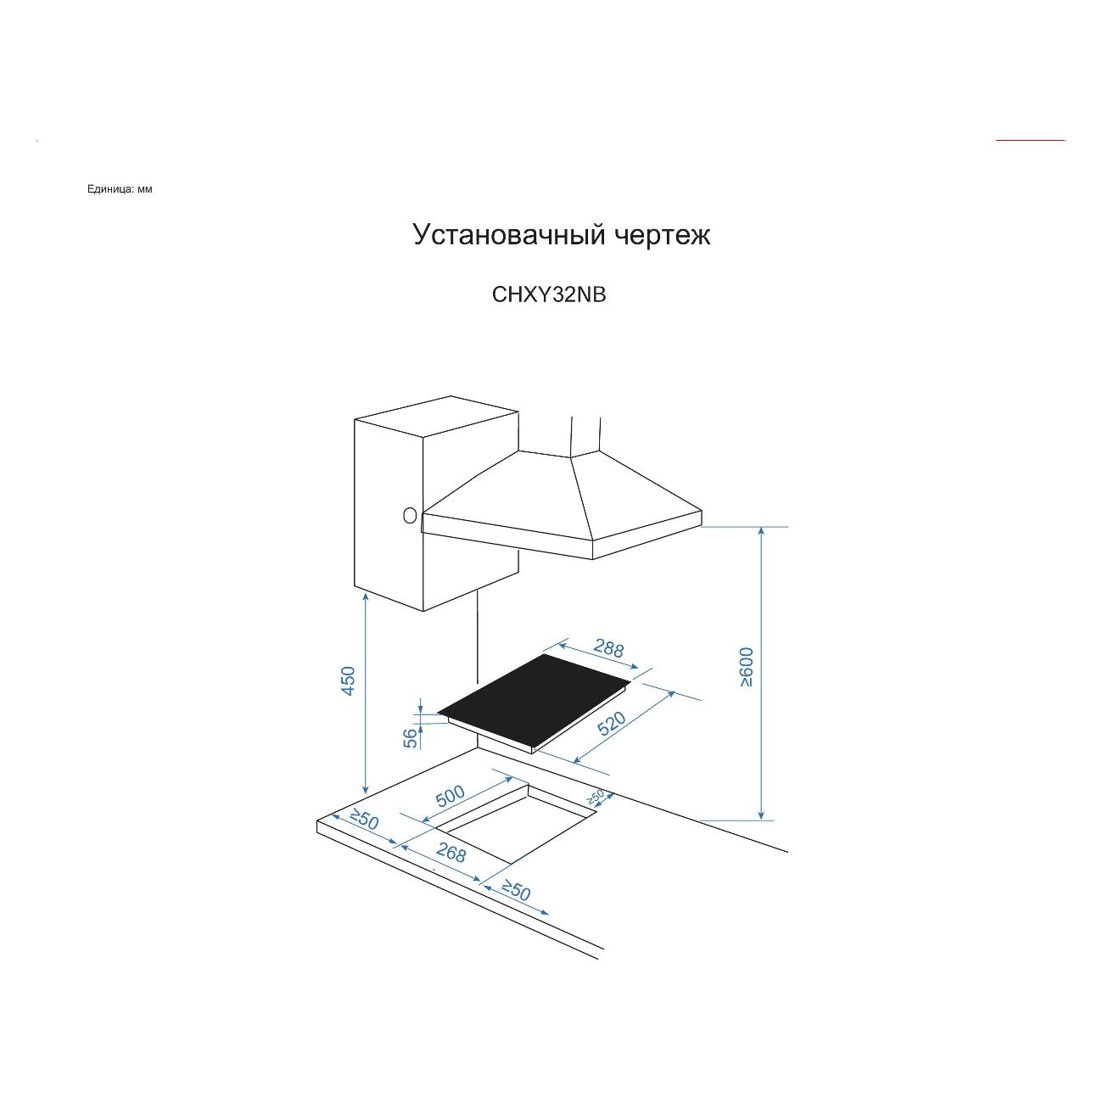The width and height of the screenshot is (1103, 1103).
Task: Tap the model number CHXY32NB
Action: tap(548, 294)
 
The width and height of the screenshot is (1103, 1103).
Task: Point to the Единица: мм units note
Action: tap(120, 189)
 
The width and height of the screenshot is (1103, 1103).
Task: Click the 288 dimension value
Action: tap(607, 648)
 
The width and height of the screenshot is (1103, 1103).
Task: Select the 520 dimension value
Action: tap(611, 723)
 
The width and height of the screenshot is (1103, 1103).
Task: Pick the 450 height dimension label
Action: tap(348, 680)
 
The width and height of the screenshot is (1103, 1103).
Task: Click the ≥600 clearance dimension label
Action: tap(747, 668)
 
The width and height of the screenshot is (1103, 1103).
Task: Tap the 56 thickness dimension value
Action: tap(411, 738)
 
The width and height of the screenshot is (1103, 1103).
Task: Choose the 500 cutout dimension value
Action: tap(451, 796)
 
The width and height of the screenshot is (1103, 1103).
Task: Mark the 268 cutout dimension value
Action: tap(451, 853)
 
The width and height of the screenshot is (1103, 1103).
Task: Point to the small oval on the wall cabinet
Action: tap(409, 516)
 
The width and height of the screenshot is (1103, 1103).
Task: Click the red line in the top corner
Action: tap(1030, 140)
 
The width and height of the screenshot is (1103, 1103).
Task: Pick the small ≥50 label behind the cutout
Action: tap(596, 796)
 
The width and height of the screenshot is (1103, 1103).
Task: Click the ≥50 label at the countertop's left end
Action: tap(365, 820)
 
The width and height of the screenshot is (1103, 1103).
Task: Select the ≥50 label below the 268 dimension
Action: tap(517, 890)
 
